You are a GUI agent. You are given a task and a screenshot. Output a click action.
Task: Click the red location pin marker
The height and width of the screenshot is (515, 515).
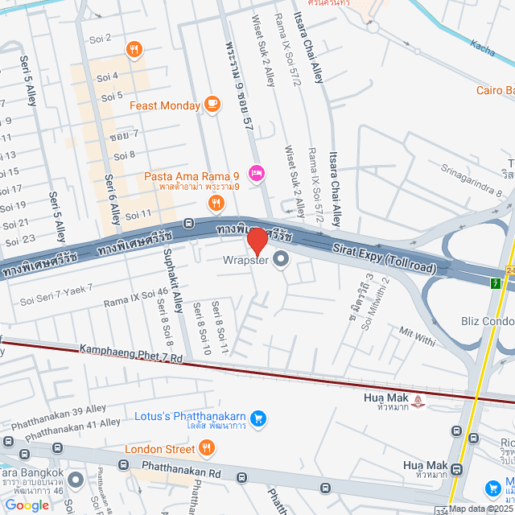257,241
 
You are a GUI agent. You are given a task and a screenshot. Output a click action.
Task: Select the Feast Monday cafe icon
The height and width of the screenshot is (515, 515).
212,103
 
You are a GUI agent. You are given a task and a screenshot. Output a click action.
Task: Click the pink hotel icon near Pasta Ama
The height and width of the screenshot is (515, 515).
257,172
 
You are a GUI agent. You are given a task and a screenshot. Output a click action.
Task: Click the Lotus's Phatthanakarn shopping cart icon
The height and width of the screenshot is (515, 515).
258,418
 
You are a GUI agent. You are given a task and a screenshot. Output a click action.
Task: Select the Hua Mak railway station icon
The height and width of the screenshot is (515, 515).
418,399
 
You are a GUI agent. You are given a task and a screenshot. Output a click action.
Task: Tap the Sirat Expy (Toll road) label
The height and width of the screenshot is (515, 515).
385,257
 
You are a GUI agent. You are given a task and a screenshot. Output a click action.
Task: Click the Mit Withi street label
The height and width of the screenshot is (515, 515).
417,336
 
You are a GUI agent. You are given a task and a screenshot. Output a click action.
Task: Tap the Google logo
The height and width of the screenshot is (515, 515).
27,505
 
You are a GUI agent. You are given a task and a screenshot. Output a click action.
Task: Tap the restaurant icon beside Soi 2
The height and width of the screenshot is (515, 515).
134,49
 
